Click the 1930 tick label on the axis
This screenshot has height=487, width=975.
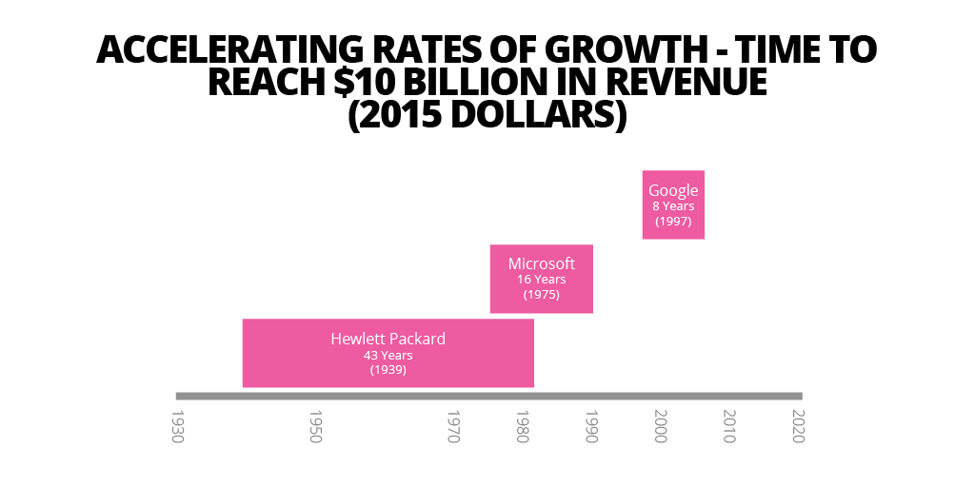click(177, 426)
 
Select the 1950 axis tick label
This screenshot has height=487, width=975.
click(316, 426)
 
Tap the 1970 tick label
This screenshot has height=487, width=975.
click(454, 426)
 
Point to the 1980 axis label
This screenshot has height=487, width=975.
click(523, 426)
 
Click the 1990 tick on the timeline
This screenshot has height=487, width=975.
click(591, 426)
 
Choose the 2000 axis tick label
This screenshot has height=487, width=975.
click(661, 426)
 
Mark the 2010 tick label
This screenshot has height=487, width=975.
click(729, 426)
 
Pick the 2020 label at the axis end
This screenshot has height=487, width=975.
click(799, 426)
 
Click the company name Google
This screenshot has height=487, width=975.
click(673, 190)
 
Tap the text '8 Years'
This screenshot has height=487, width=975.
click(673, 205)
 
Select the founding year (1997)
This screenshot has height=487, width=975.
click(673, 221)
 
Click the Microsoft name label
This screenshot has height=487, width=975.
click(542, 263)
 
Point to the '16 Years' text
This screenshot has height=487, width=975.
click(542, 280)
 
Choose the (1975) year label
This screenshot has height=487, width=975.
click(542, 295)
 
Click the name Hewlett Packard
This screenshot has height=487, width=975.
click(388, 339)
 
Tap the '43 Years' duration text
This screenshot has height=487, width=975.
click(388, 355)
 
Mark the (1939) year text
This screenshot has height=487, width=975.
click(388, 370)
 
